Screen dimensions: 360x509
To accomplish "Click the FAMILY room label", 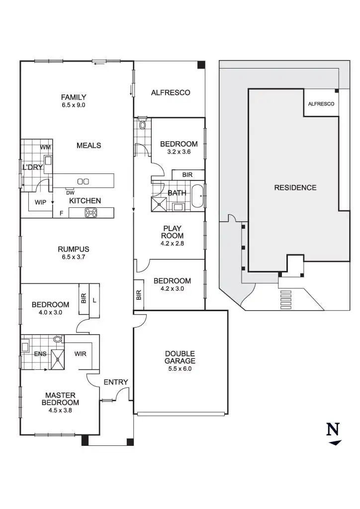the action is tap(74, 97).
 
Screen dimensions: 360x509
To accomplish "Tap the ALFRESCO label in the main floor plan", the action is tap(171, 92).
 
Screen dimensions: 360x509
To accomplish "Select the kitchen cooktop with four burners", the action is tap(91, 213).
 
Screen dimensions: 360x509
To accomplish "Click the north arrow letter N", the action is tap(333, 429).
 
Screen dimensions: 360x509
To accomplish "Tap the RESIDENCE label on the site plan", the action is tap(295, 188).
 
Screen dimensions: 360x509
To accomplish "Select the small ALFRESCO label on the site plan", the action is tap(321, 104).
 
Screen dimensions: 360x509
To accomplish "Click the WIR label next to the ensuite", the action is tap(81, 354).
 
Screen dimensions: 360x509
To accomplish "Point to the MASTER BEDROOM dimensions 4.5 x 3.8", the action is tap(60, 411).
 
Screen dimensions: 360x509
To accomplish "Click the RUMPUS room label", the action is tap(74, 249).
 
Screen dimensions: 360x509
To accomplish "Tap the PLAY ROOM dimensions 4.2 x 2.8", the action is tap(172, 244).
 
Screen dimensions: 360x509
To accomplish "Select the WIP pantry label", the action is tap(40, 203).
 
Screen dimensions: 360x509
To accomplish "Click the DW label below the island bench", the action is tap(71, 193).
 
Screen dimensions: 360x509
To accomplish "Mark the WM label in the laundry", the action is tap(45, 147).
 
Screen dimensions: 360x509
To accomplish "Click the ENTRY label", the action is tap(116, 382).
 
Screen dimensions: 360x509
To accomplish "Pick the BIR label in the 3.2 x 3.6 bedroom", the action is tap(187, 175).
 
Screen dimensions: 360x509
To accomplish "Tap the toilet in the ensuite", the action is tap(58, 339).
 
